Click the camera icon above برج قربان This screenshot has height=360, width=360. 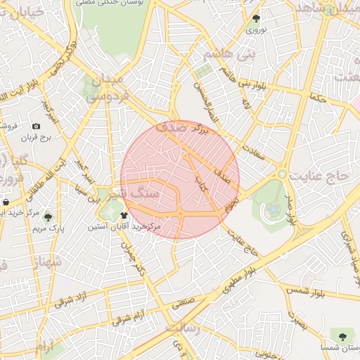tap(36, 126)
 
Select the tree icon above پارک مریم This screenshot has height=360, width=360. tap(48, 217)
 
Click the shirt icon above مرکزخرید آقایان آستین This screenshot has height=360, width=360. tap(124, 215)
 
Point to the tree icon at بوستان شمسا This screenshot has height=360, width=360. tap(342, 337)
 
